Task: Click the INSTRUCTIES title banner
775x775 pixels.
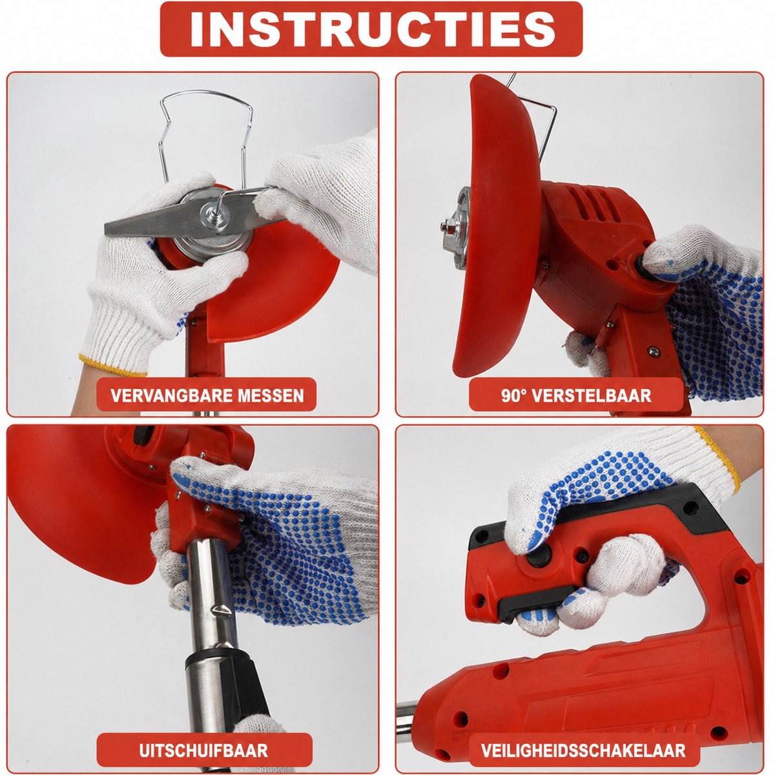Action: point(371,29)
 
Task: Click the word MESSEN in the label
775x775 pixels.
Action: point(271,395)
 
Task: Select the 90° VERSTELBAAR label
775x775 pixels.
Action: point(576,395)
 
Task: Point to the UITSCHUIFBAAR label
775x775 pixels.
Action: point(204,739)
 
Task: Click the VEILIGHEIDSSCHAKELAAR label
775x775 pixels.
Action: point(583,739)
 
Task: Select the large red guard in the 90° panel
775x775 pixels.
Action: point(497,225)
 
